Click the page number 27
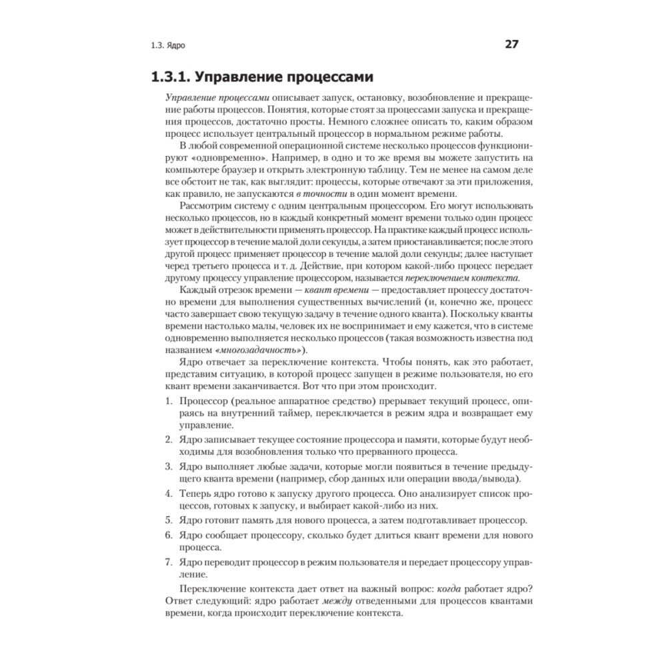coord(512,45)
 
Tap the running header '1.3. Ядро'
coord(167,47)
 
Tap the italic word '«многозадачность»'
coord(257,350)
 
